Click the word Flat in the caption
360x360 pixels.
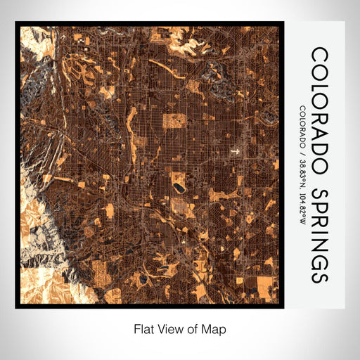pyautogui.click(x=143, y=328)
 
